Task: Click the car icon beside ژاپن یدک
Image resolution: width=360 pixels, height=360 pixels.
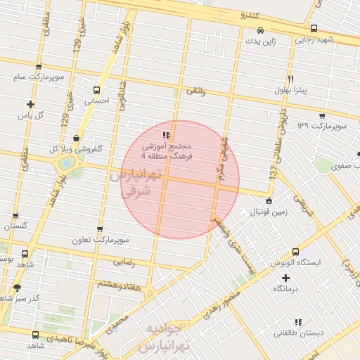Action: (x=261, y=30)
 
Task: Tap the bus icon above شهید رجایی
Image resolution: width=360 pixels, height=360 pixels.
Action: (x=313, y=29)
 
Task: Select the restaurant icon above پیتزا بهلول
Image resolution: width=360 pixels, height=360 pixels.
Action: (x=290, y=79)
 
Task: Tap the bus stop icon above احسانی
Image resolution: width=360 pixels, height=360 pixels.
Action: (x=97, y=89)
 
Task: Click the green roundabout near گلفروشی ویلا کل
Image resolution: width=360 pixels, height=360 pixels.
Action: (x=66, y=162)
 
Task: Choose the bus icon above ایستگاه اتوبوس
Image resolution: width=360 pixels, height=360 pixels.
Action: (x=296, y=252)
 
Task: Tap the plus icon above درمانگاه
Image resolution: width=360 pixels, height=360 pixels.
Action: (x=285, y=278)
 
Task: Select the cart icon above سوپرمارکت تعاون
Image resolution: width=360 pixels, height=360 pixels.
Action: (x=100, y=229)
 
